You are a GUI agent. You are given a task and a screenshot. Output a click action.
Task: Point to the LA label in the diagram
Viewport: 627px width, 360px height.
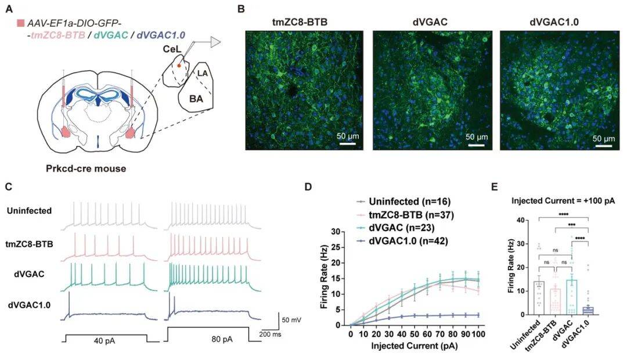[202, 74]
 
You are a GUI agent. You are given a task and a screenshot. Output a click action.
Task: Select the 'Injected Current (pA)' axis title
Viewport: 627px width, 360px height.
[415, 347]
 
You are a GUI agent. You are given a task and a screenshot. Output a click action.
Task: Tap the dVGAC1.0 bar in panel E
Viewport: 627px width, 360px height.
[588, 311]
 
